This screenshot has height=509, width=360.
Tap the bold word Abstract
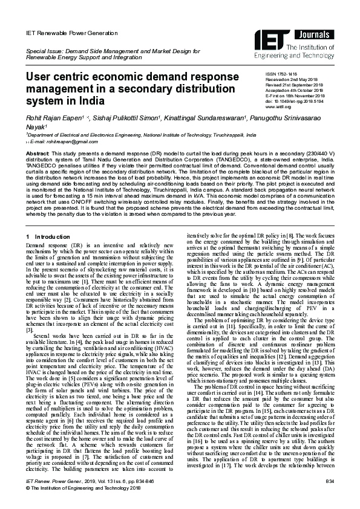tap(37, 154)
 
